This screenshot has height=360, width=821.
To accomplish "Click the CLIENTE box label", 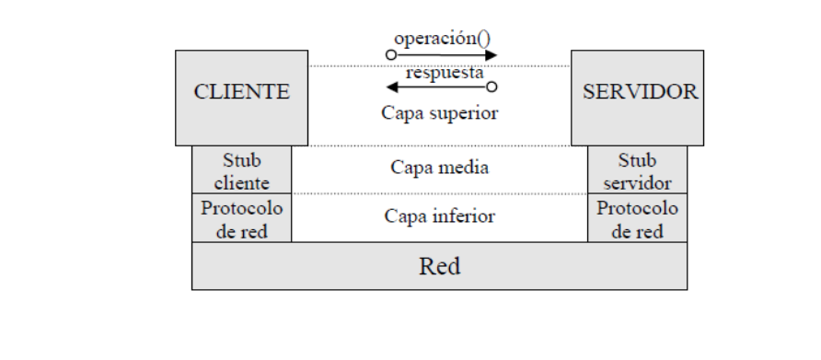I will (241, 92).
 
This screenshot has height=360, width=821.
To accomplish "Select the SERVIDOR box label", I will (637, 92).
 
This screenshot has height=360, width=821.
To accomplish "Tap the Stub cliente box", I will (241, 168).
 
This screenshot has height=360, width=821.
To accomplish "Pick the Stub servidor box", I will (637, 168).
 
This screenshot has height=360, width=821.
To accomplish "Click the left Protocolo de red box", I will (241, 218).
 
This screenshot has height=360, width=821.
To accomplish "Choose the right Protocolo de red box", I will (637, 218).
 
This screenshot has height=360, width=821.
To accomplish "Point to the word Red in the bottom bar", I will (438, 267).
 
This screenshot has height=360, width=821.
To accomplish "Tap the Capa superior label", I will (439, 116).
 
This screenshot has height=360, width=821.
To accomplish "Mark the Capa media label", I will (439, 168).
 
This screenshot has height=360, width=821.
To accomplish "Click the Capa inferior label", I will (439, 218).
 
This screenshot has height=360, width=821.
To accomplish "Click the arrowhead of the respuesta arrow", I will (390, 88).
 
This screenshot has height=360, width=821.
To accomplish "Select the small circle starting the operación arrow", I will (390, 54).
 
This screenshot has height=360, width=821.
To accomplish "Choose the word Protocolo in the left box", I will (241, 208).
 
